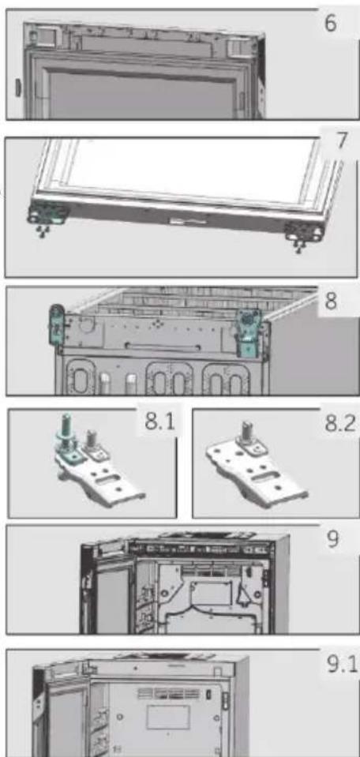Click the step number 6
pyautogui.click(x=331, y=23)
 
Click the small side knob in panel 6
pyautogui.click(x=18, y=88)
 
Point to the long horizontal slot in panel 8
pyautogui.click(x=162, y=347)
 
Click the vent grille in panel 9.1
pyautogui.click(x=167, y=693)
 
